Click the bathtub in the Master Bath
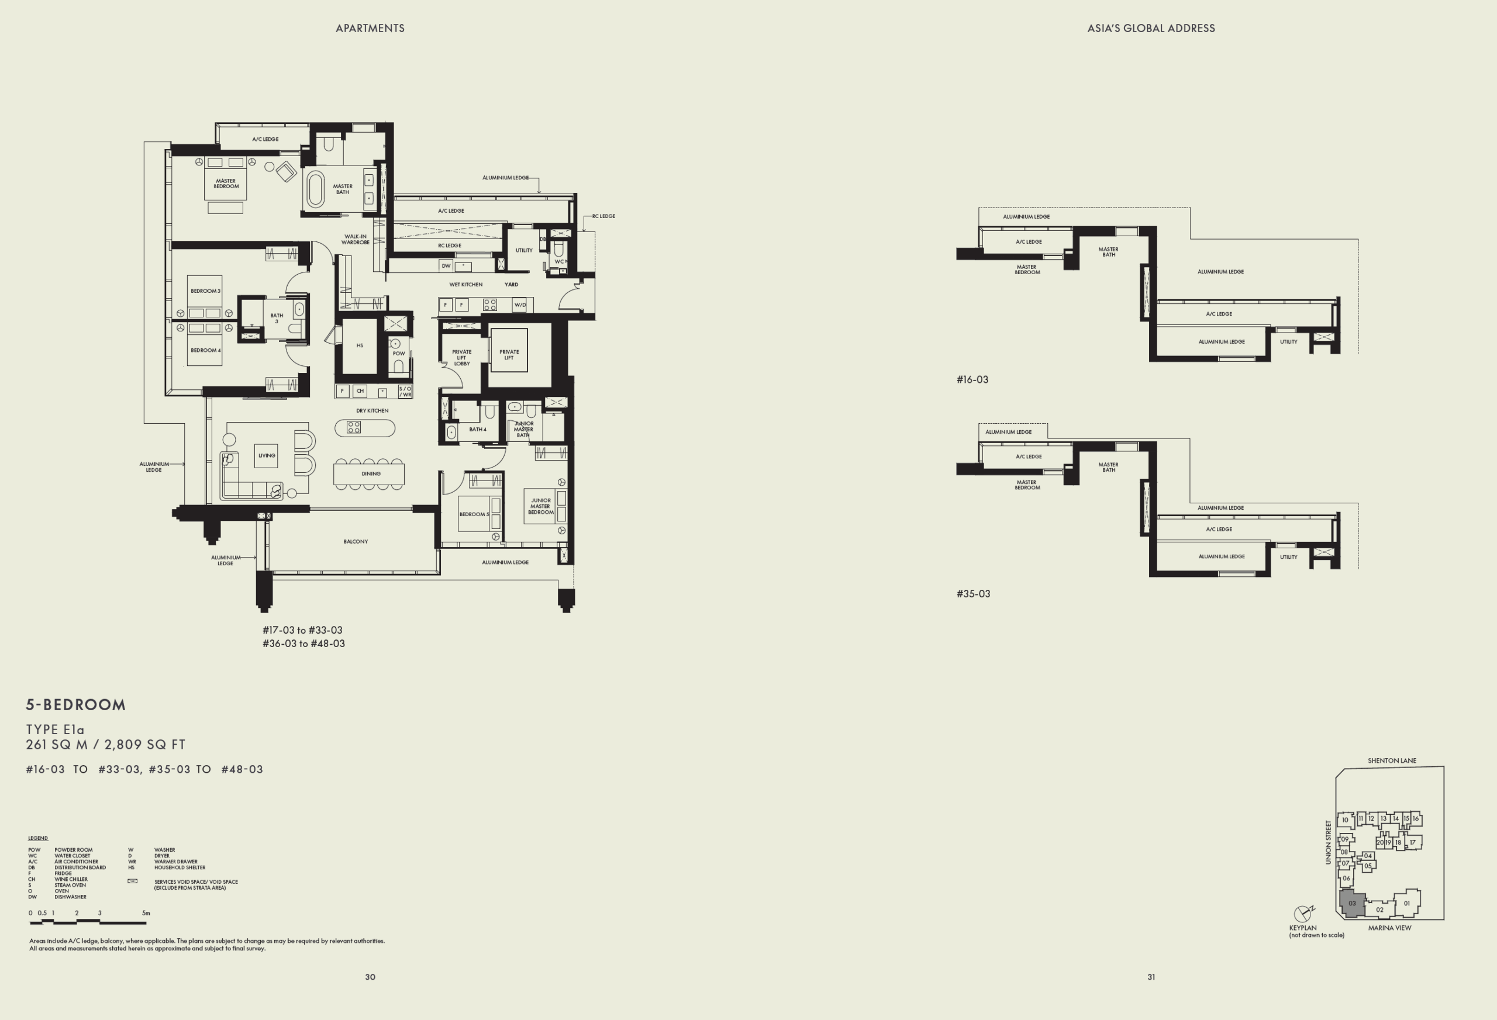click(315, 189)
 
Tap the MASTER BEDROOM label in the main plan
click(226, 184)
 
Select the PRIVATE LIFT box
click(509, 351)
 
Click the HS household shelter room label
click(360, 346)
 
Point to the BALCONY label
click(356, 541)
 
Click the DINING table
click(369, 474)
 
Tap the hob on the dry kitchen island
click(354, 427)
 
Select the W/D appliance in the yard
click(520, 305)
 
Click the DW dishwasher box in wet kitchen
click(446, 266)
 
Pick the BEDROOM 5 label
click(474, 514)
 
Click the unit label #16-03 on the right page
click(972, 380)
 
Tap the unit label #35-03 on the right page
click(972, 594)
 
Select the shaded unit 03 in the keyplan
click(1351, 904)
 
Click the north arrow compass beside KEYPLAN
click(1302, 914)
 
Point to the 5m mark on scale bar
click(146, 913)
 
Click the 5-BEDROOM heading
click(76, 704)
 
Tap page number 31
click(1150, 977)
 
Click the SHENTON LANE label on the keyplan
click(1391, 760)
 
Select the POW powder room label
click(399, 354)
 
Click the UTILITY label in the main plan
click(524, 251)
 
